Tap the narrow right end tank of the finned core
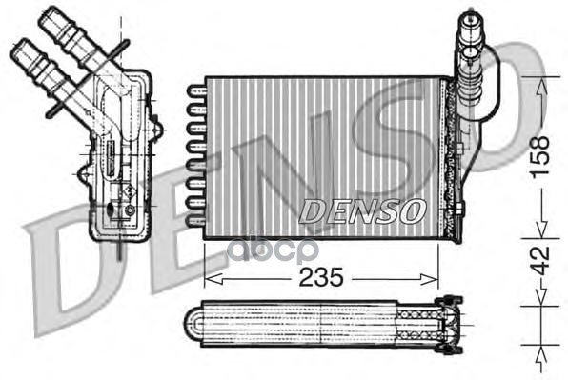click(x=448, y=152)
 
